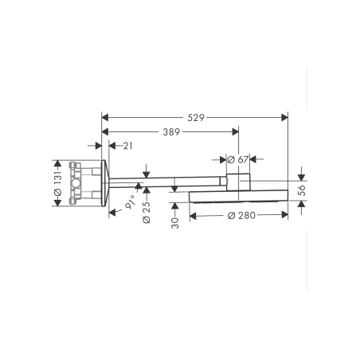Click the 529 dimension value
pyautogui.click(x=196, y=117)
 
